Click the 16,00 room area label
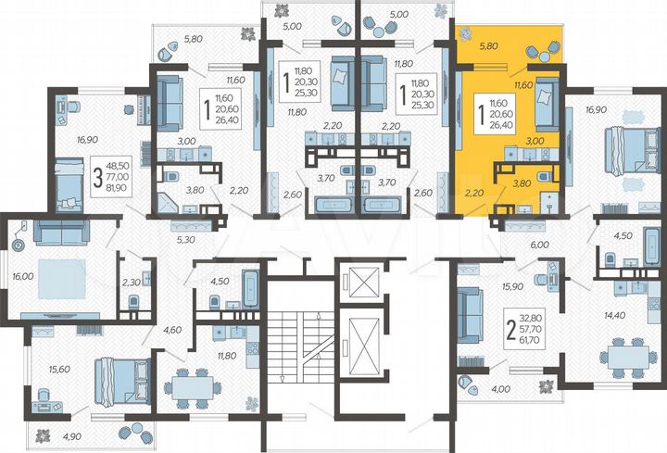[x=22, y=276]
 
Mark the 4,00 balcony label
[x=502, y=389]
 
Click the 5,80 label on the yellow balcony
[x=489, y=44]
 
